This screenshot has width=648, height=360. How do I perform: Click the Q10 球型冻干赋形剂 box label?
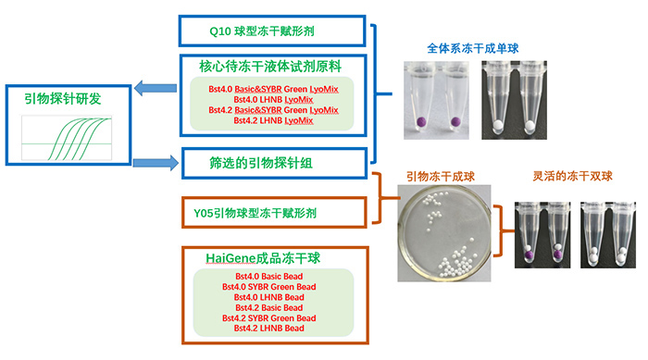(x=262, y=31)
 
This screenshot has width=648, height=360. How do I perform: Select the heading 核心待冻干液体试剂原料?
(x=270, y=66)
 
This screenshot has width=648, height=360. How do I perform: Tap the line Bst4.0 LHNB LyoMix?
(x=273, y=100)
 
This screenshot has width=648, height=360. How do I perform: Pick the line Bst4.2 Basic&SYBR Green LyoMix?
(x=273, y=110)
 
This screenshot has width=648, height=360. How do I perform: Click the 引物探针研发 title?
(x=62, y=99)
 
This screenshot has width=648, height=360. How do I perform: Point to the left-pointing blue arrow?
(x=156, y=88)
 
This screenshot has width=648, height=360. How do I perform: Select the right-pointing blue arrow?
(x=156, y=163)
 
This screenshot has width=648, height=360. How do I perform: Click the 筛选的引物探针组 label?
(x=261, y=163)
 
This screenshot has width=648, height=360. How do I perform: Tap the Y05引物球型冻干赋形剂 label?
(x=255, y=213)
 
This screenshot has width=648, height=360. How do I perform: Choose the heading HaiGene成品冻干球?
(x=263, y=258)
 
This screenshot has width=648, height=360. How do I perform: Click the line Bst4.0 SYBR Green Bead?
(x=269, y=287)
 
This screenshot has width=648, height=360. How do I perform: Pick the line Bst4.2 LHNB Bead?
(x=269, y=329)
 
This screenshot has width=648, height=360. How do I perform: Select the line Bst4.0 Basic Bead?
(x=269, y=276)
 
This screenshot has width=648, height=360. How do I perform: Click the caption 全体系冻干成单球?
(x=472, y=48)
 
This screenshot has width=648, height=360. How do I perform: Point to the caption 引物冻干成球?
(x=440, y=177)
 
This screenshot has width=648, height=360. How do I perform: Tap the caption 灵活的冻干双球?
(x=572, y=176)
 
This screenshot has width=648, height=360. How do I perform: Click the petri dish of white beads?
(x=444, y=233)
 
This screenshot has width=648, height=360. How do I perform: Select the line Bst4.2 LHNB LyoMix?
(x=273, y=120)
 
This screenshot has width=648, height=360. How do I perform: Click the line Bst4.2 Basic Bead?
(x=269, y=307)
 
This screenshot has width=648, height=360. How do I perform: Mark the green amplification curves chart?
(x=67, y=138)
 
